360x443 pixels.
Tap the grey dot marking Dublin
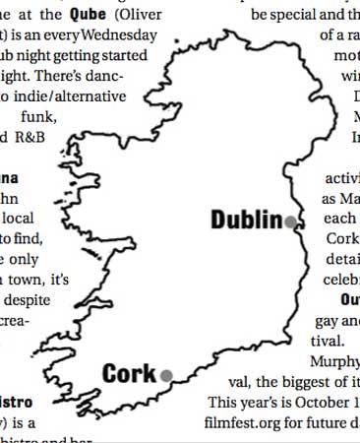click(x=290, y=223)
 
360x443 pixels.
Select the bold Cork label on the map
click(x=129, y=374)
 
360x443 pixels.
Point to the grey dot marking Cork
click(x=166, y=375)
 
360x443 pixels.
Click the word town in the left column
click(x=27, y=279)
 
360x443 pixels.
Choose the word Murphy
click(x=333, y=361)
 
